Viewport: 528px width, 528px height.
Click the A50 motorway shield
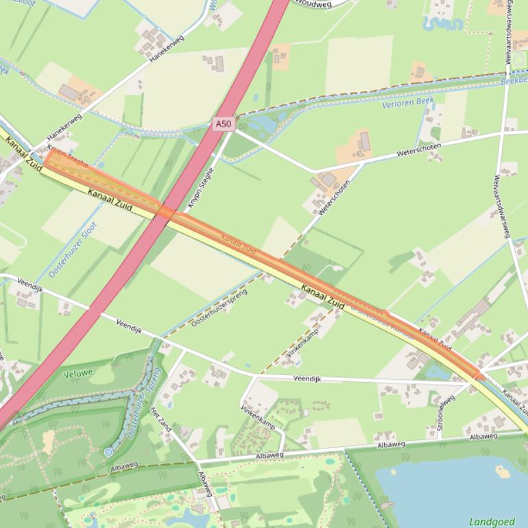click(x=223, y=123)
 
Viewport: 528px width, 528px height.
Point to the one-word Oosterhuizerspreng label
click(x=219, y=307)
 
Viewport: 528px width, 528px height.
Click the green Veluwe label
click(x=77, y=374)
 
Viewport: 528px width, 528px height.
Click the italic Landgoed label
click(x=492, y=522)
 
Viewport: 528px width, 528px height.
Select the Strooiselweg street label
click(x=446, y=413)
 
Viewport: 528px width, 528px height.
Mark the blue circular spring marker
click(x=108, y=453)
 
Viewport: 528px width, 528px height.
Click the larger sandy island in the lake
click(x=503, y=472)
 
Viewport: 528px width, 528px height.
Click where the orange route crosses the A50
click(x=165, y=212)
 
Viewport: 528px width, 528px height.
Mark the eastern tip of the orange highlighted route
click(x=482, y=376)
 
